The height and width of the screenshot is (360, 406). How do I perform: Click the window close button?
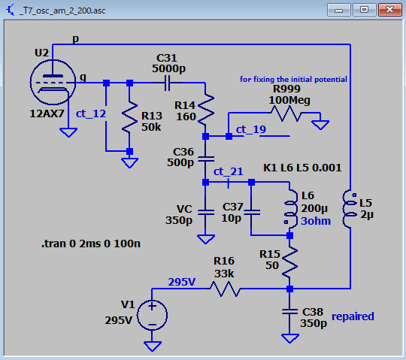pos(390,10)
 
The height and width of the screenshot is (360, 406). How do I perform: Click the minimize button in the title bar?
pos(338,10)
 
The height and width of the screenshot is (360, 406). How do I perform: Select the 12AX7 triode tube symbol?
pos(53,83)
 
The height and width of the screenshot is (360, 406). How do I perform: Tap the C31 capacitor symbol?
pos(168,83)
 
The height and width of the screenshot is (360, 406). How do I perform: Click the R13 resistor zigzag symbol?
pos(130,116)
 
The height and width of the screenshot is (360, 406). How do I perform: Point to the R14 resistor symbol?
pos(205,109)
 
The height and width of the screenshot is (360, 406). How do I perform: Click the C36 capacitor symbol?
pos(206,159)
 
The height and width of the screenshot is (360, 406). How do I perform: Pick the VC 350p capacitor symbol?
pos(206,212)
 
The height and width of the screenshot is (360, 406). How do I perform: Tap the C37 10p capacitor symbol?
pos(251,212)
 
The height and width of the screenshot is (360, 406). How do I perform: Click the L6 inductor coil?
pos(291,209)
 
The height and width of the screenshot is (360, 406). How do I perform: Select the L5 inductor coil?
pos(348,209)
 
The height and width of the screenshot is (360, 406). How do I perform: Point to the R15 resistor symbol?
pos(290,262)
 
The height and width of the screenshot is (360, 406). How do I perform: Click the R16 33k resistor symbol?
pos(225,289)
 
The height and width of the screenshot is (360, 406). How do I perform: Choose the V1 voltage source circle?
pos(152,315)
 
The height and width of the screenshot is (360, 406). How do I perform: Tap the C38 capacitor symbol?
pos(290,311)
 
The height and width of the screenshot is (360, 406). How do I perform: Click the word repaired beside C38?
pos(353,316)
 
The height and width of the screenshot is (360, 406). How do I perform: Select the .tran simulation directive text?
pos(91,244)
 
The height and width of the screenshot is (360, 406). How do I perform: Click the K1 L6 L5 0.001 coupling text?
pos(302,168)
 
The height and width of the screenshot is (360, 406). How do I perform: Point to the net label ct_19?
pos(251,129)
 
